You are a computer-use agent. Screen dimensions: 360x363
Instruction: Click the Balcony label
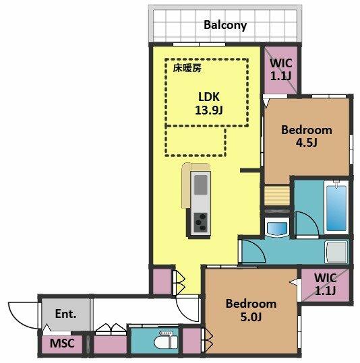[x=225, y=25]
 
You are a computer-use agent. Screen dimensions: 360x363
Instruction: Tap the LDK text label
[x=209, y=97]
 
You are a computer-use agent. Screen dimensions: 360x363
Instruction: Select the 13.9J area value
[x=209, y=110]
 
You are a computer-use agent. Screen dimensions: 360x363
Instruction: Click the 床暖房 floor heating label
[x=187, y=68]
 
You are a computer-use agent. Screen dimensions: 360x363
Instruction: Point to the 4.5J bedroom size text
[x=306, y=143]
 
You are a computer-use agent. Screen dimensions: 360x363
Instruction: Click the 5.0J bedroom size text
[x=251, y=317]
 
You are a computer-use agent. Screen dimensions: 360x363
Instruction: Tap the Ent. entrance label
[x=65, y=314]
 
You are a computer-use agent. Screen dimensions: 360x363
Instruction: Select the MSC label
[x=62, y=343]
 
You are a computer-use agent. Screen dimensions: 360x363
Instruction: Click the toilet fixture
[x=166, y=340]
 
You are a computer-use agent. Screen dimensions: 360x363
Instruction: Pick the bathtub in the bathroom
[x=336, y=207]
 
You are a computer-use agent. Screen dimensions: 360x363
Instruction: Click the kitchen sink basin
[x=201, y=185]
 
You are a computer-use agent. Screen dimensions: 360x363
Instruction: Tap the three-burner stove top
[x=201, y=222]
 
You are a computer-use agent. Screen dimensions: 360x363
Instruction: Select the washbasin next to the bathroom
[x=277, y=227]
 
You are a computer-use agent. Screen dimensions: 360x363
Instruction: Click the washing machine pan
[x=336, y=252]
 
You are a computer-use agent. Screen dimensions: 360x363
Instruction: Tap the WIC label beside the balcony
[x=281, y=69]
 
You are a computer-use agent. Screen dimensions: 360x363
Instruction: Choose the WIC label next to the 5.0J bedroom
[x=325, y=284]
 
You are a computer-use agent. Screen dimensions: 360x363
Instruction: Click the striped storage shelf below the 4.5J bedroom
[x=277, y=195]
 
